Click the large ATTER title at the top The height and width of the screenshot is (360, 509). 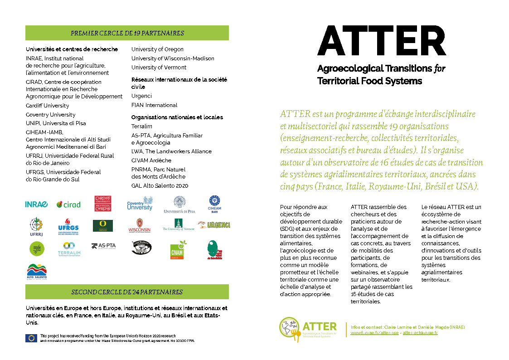[x=381, y=41]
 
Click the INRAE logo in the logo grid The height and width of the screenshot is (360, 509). [x=36, y=204]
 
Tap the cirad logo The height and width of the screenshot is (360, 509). [x=68, y=204]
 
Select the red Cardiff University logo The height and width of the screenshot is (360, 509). [x=103, y=204]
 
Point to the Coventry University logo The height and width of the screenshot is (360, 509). [x=140, y=204]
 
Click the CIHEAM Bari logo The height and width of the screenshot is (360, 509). [x=215, y=204]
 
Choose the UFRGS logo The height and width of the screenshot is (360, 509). [x=68, y=225]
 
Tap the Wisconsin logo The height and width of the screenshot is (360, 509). [x=139, y=225]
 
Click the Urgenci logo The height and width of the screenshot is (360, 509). [x=214, y=225]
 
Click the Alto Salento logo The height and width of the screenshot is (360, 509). [x=37, y=271]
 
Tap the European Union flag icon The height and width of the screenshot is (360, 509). [x=31, y=338]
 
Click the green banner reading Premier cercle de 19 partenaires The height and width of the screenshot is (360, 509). [x=127, y=33]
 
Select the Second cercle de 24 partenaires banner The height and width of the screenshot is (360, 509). [x=127, y=292]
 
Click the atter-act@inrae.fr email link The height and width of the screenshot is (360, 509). [x=420, y=333]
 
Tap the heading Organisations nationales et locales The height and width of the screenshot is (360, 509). [x=177, y=117]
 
